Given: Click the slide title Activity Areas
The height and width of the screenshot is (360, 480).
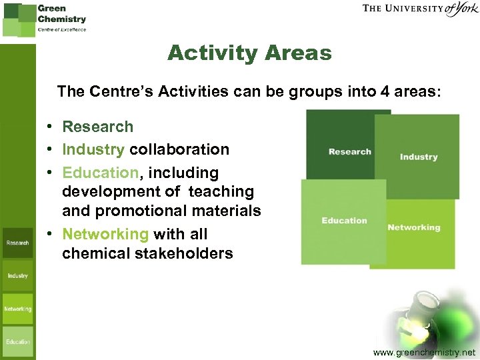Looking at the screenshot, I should pos(249,53).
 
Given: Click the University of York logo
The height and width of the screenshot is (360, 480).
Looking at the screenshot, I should pos(420,9).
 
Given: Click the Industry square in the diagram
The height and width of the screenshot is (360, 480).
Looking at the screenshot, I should pos(418,157).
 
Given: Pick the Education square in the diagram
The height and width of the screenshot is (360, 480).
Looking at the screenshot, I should pos(343,221).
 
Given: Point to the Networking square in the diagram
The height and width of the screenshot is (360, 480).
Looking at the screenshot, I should pos(413,228).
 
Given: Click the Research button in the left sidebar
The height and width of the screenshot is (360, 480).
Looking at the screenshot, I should pos(17,243).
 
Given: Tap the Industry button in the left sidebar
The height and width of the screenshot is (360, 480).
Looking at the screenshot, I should pos(17,275).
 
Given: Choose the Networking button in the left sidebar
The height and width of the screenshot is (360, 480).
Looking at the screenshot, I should pos(17,309).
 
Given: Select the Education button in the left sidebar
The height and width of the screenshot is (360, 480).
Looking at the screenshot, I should pos(17,341).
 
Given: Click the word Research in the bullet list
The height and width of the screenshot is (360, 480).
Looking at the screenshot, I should pos(97,127).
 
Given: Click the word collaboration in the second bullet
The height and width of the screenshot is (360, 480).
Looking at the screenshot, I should pos(179,149).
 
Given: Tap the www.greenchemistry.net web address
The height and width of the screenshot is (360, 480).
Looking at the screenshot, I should pos(425,351).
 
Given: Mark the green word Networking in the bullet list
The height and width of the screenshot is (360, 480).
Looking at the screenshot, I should pos(105,234).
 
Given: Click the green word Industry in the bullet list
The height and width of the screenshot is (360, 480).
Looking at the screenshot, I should pos(93,149).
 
